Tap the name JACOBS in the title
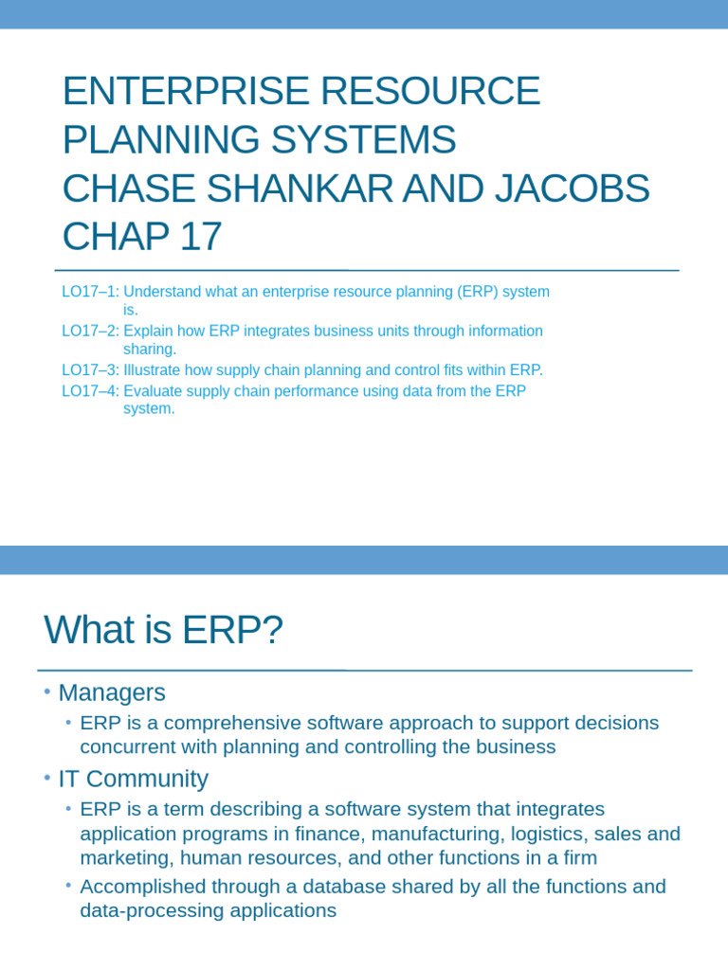click(x=568, y=188)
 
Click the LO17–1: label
click(x=90, y=292)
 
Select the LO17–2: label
click(x=90, y=331)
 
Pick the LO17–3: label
click(x=90, y=369)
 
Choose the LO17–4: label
click(x=90, y=390)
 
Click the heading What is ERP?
click(x=163, y=630)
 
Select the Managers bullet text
click(x=112, y=692)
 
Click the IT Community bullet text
click(x=133, y=779)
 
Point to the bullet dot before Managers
click(x=46, y=692)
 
